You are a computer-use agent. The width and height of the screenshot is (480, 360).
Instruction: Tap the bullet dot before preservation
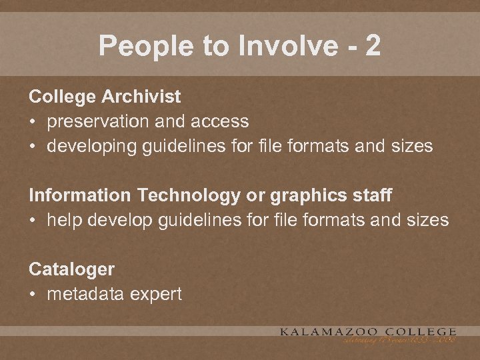[33, 121]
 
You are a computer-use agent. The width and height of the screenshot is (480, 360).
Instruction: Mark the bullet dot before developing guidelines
[33, 146]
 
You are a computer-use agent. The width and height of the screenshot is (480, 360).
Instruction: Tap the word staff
[374, 195]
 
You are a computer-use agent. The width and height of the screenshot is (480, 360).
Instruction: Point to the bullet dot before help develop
[33, 220]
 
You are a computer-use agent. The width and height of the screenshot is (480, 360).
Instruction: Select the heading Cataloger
[71, 269]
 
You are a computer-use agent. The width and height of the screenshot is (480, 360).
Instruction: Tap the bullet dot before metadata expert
[33, 294]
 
